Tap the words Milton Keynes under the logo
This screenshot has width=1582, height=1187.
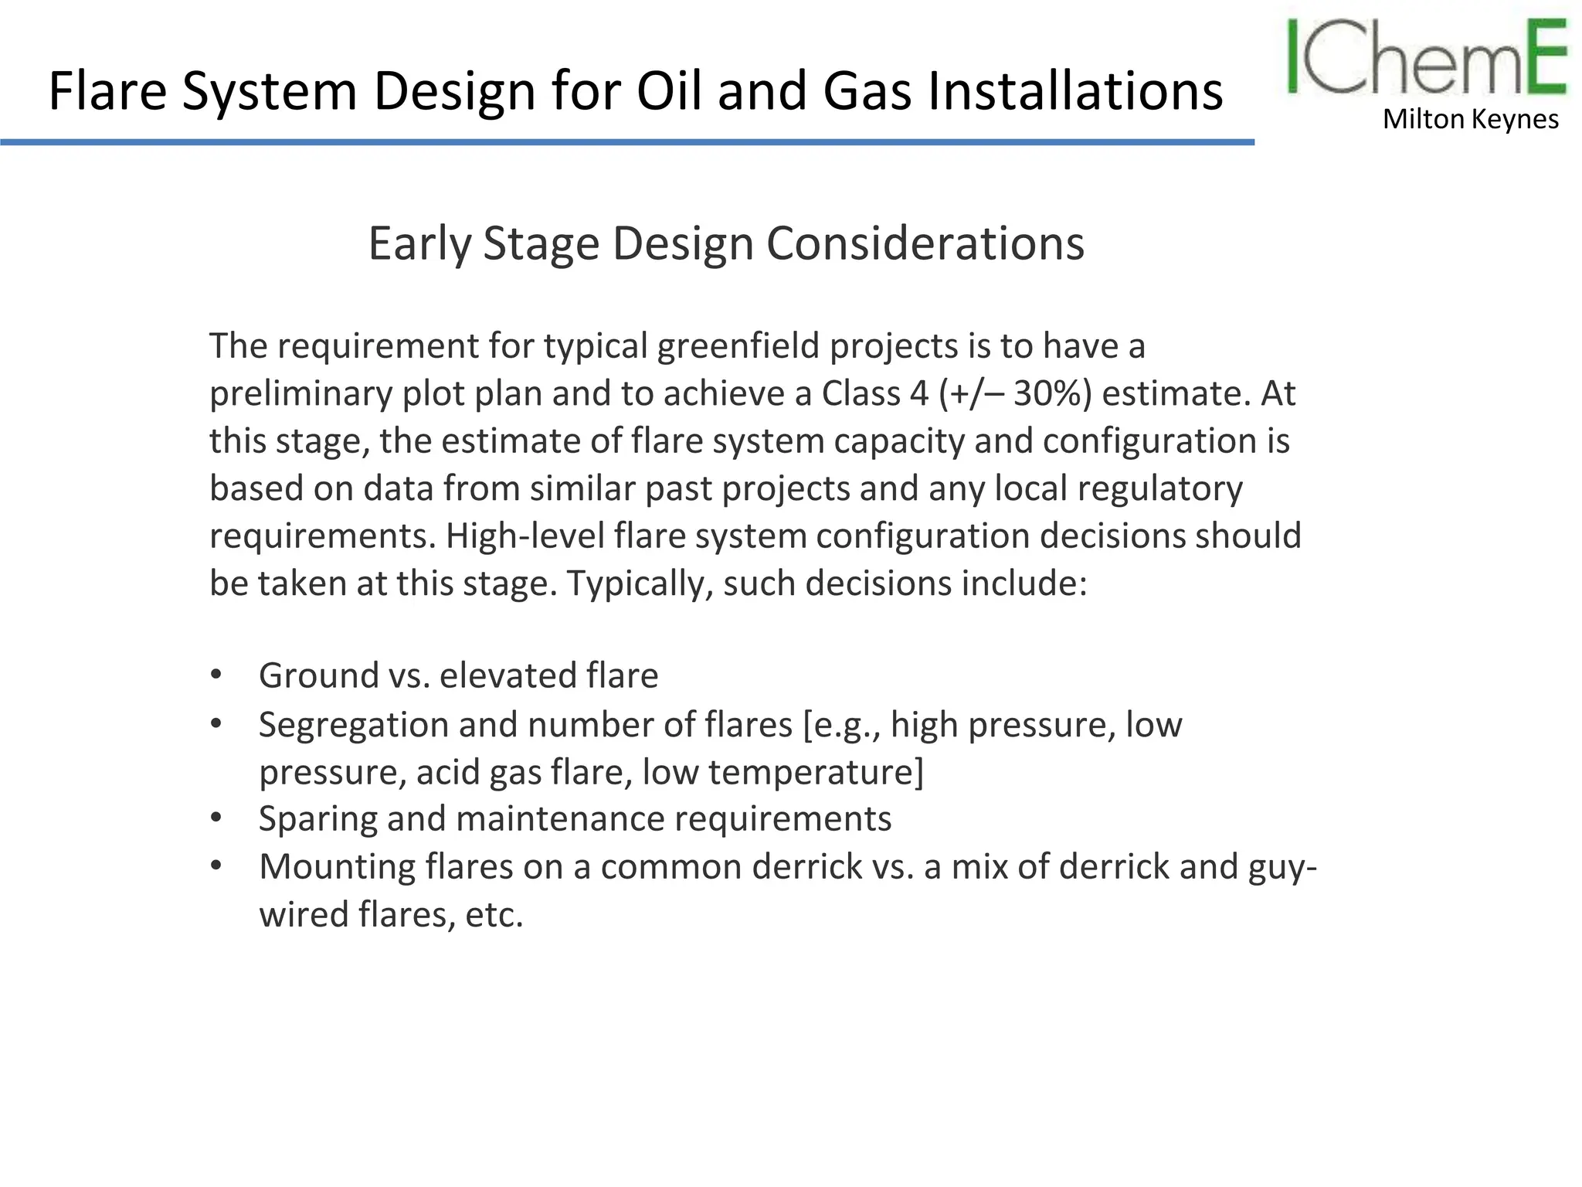tap(1470, 119)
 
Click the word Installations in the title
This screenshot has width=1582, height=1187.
tap(1074, 91)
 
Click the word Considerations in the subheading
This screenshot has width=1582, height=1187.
tap(925, 244)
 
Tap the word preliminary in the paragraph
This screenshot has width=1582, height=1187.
tap(300, 393)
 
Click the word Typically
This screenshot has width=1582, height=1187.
tap(640, 583)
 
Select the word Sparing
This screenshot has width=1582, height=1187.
tap(317, 819)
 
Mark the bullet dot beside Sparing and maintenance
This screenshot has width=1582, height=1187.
tap(216, 817)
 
